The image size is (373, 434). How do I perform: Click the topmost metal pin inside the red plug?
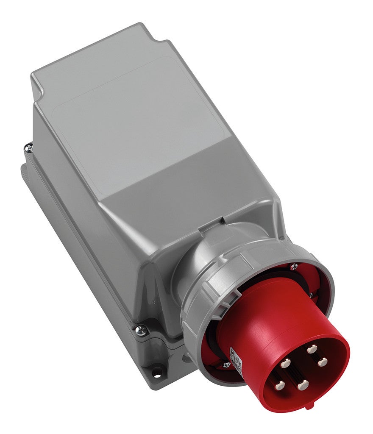click(x=312, y=349)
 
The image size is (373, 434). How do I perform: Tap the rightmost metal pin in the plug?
click(x=323, y=362)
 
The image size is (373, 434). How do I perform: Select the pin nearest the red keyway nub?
click(x=302, y=385)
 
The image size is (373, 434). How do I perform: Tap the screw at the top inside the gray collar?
click(x=292, y=267)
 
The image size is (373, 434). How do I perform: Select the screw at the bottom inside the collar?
click(x=226, y=364)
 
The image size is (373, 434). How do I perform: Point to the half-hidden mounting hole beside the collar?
click(x=185, y=358)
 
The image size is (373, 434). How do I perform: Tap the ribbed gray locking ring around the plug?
click(x=199, y=309)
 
